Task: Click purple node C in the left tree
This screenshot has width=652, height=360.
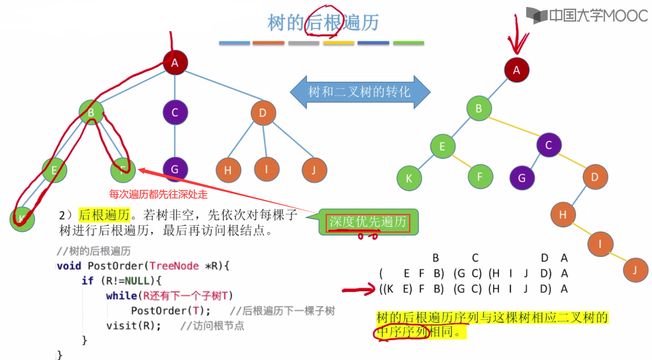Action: coord(175,113)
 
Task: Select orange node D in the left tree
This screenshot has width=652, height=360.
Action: coord(263,113)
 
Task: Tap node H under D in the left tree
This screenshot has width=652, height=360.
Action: coord(228,170)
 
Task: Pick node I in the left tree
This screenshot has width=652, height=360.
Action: coord(266,169)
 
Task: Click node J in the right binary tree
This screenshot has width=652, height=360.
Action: coord(635,270)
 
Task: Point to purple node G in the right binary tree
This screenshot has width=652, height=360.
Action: coord(522,178)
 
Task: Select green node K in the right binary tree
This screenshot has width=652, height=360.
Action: coord(409,178)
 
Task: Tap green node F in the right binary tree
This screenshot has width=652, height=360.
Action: coord(479,177)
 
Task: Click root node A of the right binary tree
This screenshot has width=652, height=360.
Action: coord(517,70)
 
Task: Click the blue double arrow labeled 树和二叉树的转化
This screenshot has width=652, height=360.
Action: coord(359,92)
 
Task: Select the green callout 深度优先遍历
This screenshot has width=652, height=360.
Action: coord(368,222)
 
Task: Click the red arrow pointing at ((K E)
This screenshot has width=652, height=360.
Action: coord(359,290)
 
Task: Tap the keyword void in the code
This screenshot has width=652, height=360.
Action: coord(69,266)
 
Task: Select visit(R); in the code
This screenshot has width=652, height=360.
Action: coord(134,326)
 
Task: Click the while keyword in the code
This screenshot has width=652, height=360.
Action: coord(121,296)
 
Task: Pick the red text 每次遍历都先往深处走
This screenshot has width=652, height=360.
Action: coord(158,195)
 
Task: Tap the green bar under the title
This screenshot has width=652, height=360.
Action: coord(408,43)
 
